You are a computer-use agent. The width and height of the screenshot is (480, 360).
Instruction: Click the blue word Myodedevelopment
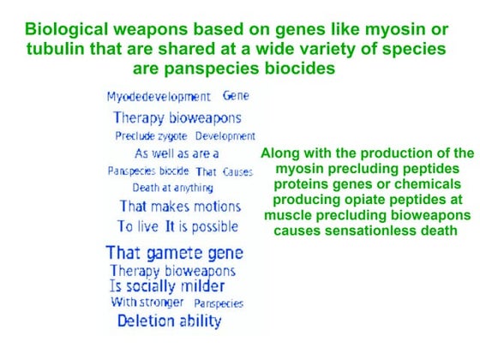pos(159,97)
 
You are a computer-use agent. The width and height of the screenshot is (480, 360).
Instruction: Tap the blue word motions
pos(209,207)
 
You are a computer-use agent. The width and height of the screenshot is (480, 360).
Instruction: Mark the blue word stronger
pos(160,303)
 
